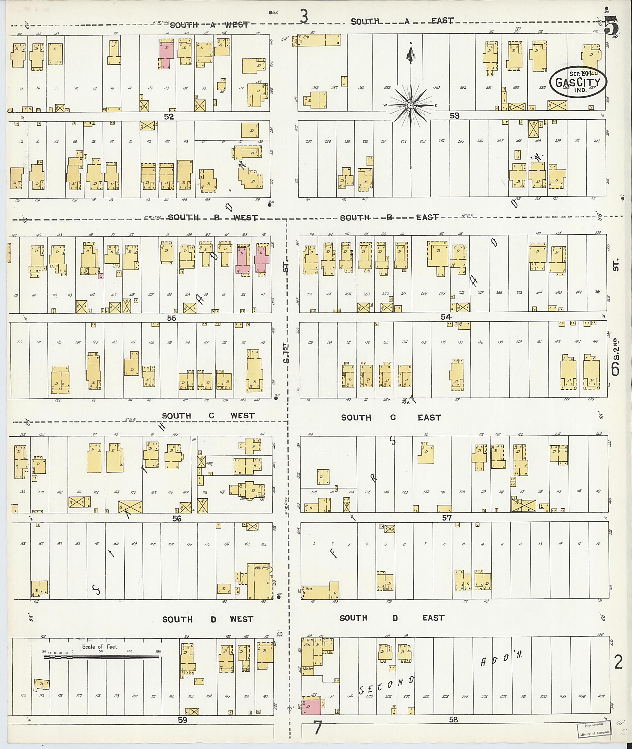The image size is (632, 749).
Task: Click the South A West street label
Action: click(209, 25)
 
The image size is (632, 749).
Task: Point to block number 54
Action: click(446, 317)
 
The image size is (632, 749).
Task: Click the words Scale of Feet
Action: click(100, 647)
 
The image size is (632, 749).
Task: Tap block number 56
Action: click(177, 518)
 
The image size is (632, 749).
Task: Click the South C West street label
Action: click(208, 416)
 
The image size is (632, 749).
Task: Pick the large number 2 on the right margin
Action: click(618, 663)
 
